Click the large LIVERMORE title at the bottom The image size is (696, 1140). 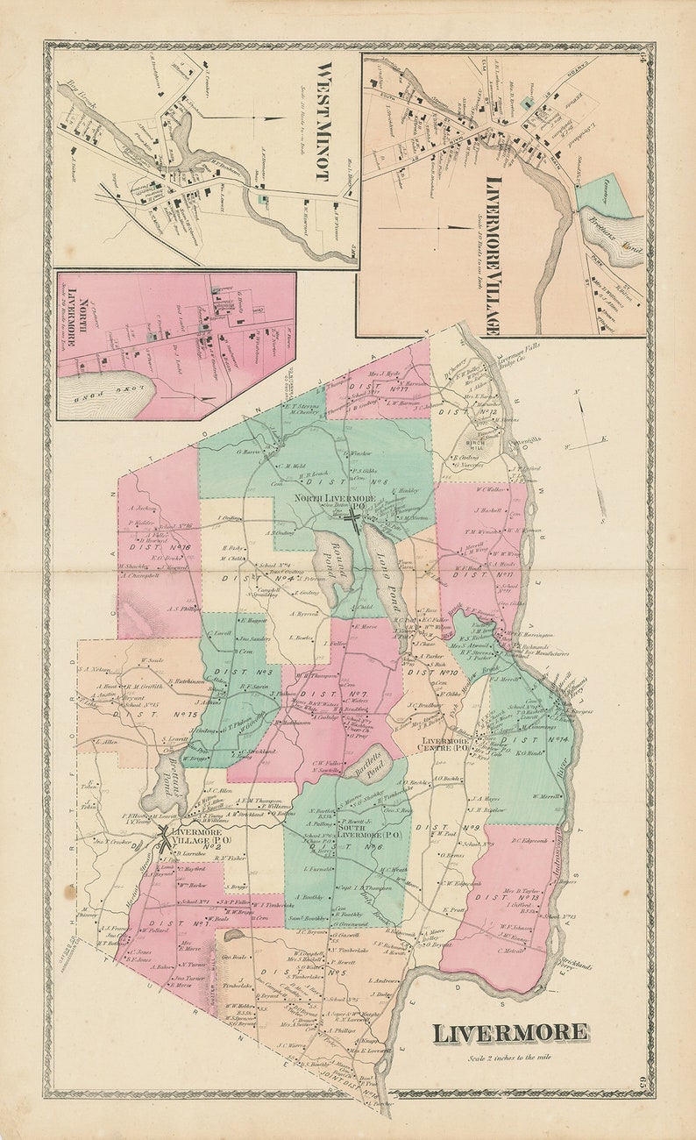pos(509,1032)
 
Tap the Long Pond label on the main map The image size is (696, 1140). pos(386,579)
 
